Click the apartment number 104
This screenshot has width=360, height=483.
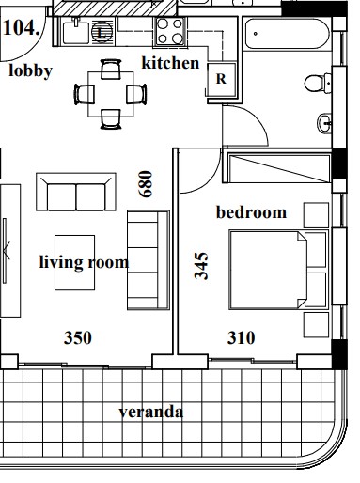22,28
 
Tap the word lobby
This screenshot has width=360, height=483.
30,70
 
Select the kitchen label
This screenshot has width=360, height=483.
170,63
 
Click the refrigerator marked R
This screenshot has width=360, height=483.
221,79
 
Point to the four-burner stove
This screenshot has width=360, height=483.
170,31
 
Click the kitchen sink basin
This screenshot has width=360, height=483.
76,32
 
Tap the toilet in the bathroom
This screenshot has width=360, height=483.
317,83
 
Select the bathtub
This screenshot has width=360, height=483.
287,34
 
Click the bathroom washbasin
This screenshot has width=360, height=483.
324,123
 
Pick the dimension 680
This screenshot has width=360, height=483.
146,183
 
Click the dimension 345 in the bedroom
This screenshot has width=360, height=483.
201,265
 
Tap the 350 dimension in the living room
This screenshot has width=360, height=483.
78,337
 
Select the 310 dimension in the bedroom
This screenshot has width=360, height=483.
241,337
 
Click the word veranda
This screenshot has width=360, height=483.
151,412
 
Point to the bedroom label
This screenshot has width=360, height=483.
251,212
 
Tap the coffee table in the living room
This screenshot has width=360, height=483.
75,262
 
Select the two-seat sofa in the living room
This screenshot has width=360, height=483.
76,192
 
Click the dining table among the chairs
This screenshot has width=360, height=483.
111,94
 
